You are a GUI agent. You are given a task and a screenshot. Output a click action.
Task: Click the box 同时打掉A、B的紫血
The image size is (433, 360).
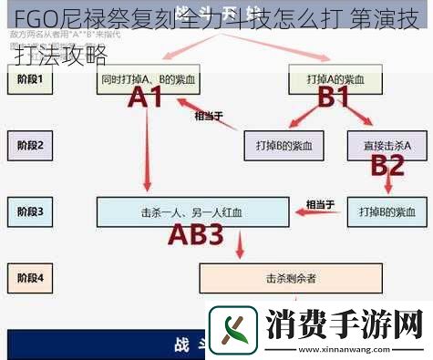click(x=149, y=80)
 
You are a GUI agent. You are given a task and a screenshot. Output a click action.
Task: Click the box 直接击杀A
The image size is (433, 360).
click(x=387, y=145)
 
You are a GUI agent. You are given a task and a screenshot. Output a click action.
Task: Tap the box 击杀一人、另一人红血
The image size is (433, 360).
click(x=192, y=211)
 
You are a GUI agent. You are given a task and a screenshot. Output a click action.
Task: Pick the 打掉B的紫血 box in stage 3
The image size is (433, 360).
click(x=387, y=211)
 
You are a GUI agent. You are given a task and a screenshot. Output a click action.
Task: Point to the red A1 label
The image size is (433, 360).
click(x=150, y=98)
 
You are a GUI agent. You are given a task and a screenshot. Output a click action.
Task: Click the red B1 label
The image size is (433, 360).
click(x=333, y=98)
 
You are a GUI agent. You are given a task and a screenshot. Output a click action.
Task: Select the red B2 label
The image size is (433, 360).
click(x=387, y=165)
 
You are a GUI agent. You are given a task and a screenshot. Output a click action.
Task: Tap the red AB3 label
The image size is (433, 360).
click(x=197, y=235)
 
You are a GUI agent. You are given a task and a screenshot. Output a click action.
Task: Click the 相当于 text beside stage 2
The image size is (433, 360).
click(x=208, y=116)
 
